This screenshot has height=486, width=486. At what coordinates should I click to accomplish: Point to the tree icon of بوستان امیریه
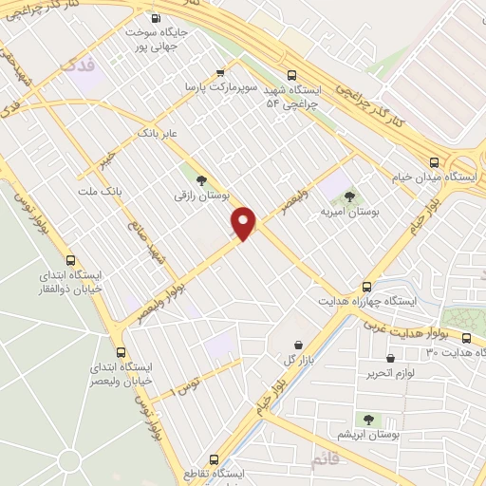[349, 196]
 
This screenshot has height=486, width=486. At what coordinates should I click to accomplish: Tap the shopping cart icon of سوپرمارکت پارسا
[221, 72]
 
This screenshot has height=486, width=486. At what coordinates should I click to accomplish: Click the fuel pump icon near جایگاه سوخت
[157, 17]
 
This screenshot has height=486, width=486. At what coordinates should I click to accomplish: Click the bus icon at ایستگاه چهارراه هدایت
[367, 287]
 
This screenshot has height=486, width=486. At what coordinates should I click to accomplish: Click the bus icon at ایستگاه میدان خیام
[434, 161]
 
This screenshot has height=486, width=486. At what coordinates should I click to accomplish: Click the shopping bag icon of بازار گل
[300, 344]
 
